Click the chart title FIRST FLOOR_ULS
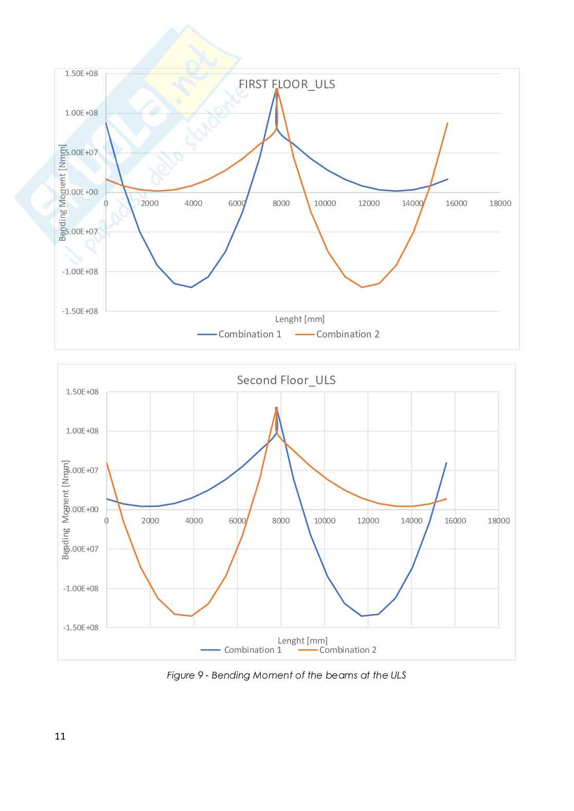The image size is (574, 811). [x=286, y=84]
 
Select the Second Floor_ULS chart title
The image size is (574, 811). [x=286, y=380]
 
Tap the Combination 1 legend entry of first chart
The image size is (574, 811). [x=240, y=334]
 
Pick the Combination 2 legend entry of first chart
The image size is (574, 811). [x=338, y=334]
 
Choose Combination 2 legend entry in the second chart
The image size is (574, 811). [x=338, y=650]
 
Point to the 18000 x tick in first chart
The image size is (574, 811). [x=500, y=203]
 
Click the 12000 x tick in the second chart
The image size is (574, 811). [x=368, y=521]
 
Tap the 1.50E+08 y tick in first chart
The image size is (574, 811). [x=81, y=73]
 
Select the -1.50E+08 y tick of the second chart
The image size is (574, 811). [x=81, y=628]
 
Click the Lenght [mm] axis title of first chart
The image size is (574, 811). [x=300, y=319]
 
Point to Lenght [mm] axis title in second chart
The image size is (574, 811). [x=302, y=640]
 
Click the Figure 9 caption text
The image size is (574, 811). [x=286, y=675]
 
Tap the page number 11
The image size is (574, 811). [x=60, y=737]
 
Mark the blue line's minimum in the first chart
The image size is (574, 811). [x=191, y=287]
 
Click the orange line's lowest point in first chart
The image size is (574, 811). [x=362, y=287]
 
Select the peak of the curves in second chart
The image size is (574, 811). [x=277, y=408]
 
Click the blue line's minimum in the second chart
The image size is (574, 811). [x=362, y=616]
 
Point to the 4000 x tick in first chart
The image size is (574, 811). [x=193, y=203]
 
